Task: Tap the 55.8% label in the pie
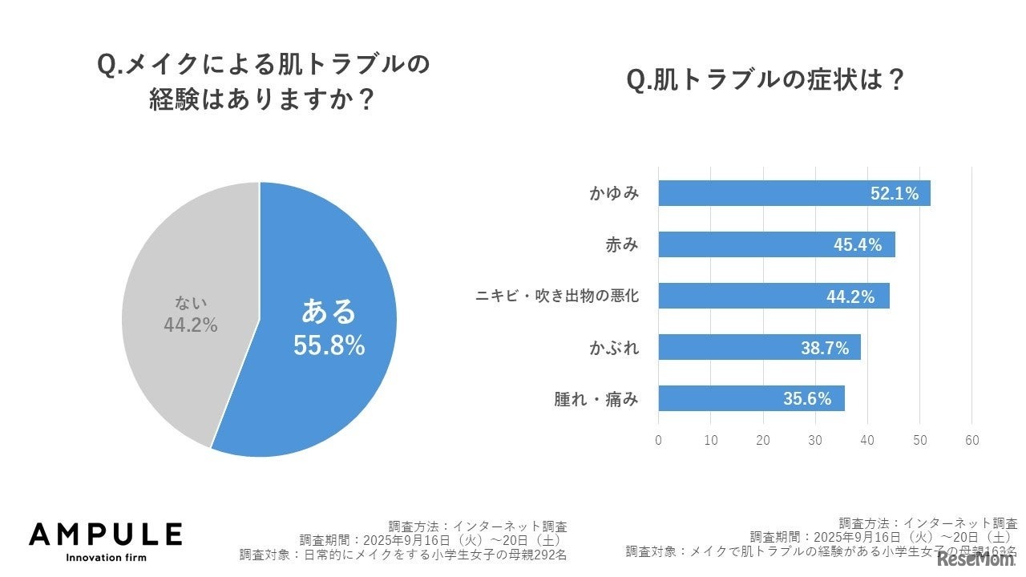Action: [329, 345]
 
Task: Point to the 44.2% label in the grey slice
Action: [191, 325]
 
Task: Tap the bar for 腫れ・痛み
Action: [721, 398]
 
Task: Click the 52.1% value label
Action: [895, 193]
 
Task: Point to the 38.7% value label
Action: [825, 347]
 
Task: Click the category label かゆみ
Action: [613, 193]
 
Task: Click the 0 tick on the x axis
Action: [658, 440]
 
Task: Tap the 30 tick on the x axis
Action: [815, 440]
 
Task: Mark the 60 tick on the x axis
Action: [972, 440]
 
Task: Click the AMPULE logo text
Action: [105, 535]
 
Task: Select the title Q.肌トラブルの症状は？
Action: [765, 81]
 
